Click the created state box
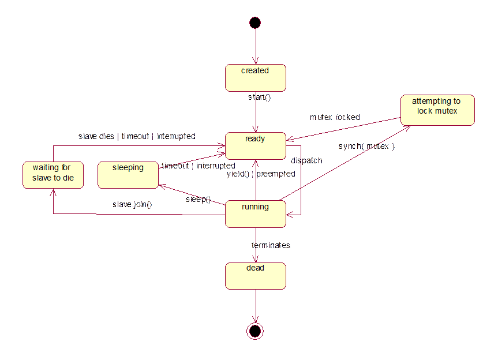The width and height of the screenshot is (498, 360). [x=255, y=78]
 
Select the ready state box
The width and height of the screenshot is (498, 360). [x=255, y=146]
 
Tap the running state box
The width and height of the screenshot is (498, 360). [x=255, y=214]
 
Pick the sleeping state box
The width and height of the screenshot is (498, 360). [x=128, y=175]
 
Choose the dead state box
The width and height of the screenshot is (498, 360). [x=255, y=276]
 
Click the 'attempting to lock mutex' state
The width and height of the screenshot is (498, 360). [x=438, y=110]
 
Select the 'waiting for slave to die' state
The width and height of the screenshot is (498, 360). [x=53, y=175]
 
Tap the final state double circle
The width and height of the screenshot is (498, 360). [x=255, y=331]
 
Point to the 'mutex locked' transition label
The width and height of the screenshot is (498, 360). [x=335, y=117]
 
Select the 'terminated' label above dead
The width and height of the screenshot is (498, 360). [x=271, y=246]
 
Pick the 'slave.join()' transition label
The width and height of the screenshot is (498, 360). [x=132, y=205]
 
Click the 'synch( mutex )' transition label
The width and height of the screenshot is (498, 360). [x=366, y=147]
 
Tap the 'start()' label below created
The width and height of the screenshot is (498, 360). [x=260, y=97]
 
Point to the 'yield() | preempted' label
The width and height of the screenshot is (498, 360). [x=261, y=174]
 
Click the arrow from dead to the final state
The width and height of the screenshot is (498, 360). [x=255, y=305]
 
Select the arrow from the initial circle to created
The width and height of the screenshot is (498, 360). [x=255, y=46]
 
